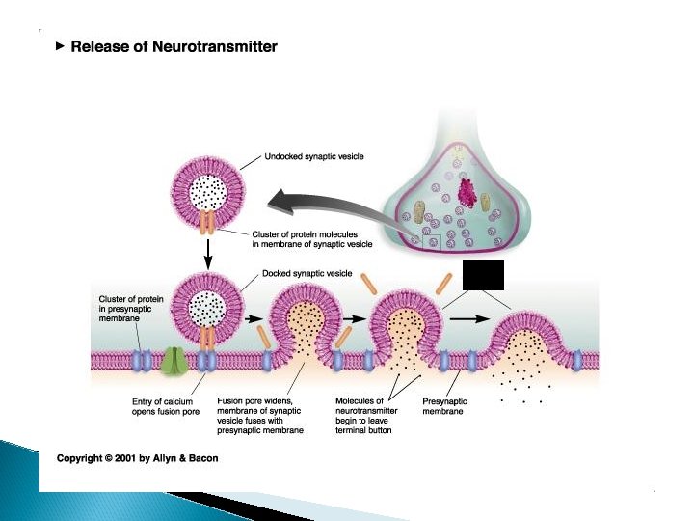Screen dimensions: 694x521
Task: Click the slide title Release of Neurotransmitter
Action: coord(173,46)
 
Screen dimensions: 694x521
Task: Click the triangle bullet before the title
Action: coord(61,45)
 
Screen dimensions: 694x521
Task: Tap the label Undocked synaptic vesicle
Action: coord(313,156)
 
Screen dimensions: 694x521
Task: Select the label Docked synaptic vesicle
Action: coord(307,273)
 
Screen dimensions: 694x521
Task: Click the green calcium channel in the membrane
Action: coord(175,361)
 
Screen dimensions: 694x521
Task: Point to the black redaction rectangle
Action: coord(483,275)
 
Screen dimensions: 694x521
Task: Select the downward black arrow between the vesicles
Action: coord(207,254)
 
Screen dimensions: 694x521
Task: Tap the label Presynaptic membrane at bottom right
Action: coord(444,406)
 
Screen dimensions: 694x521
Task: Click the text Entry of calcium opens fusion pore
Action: coord(167,406)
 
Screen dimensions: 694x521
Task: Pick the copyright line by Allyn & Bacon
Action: coord(137,458)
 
